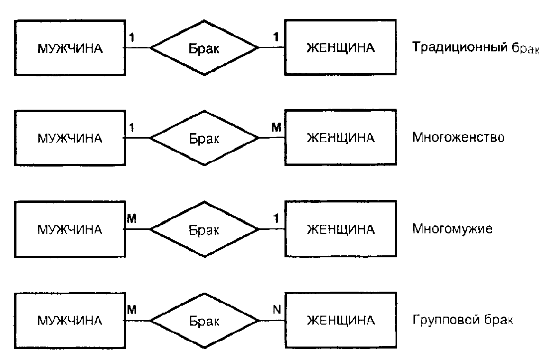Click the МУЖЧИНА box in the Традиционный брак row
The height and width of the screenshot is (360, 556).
pyautogui.click(x=69, y=48)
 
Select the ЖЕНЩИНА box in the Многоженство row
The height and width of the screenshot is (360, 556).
pyautogui.click(x=340, y=138)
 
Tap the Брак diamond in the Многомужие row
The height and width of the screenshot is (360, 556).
pyautogui.click(x=204, y=230)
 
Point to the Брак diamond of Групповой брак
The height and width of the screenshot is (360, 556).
pyautogui.click(x=204, y=320)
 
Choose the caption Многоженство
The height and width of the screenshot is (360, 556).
pyautogui.click(x=458, y=138)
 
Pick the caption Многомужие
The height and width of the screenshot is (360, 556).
pyautogui.click(x=452, y=229)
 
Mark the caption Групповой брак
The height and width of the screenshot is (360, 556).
pyautogui.click(x=462, y=320)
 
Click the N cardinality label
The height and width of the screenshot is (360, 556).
pyautogui.click(x=278, y=310)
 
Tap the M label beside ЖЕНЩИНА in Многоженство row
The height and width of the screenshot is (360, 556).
pyautogui.click(x=277, y=128)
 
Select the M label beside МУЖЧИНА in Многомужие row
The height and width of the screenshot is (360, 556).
pyautogui.click(x=132, y=218)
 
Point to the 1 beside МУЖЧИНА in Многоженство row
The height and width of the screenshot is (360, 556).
pyautogui.click(x=132, y=128)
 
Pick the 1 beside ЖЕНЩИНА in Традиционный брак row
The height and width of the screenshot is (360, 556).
pyautogui.click(x=277, y=37)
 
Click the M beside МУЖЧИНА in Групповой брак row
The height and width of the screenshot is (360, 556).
pyautogui.click(x=132, y=310)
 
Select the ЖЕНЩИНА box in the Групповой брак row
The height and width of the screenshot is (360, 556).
pyautogui.click(x=340, y=320)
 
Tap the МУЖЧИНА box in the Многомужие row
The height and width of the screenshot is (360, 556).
pyautogui.click(x=69, y=230)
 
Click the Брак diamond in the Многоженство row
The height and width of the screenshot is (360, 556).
pyautogui.click(x=204, y=139)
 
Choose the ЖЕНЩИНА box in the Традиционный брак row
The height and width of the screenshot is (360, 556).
pyautogui.click(x=340, y=48)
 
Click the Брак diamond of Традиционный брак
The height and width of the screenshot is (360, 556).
pyautogui.click(x=204, y=48)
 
